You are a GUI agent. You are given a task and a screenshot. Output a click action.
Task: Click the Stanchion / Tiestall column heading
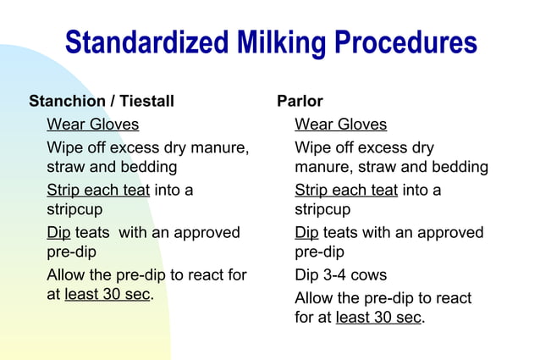[x=102, y=102]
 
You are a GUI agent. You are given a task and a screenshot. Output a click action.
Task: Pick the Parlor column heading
[x=300, y=102]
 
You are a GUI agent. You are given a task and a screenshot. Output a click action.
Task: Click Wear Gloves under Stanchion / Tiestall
[x=92, y=125]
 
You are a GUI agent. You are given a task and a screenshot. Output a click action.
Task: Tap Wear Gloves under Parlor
[x=340, y=125]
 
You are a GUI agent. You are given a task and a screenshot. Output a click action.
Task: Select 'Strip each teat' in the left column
[x=97, y=190]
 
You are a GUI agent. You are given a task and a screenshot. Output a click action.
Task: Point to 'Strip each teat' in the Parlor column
[x=345, y=190]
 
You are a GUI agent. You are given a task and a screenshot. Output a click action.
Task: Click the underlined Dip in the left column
[x=58, y=232]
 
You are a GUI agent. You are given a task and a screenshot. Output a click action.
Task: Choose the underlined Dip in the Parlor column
[x=306, y=232]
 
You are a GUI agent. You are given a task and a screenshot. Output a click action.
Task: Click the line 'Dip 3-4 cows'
[x=340, y=275]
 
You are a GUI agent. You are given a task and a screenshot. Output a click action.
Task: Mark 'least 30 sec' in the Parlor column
[x=378, y=318]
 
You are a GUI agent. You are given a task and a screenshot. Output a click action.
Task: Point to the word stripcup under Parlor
[x=322, y=209]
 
